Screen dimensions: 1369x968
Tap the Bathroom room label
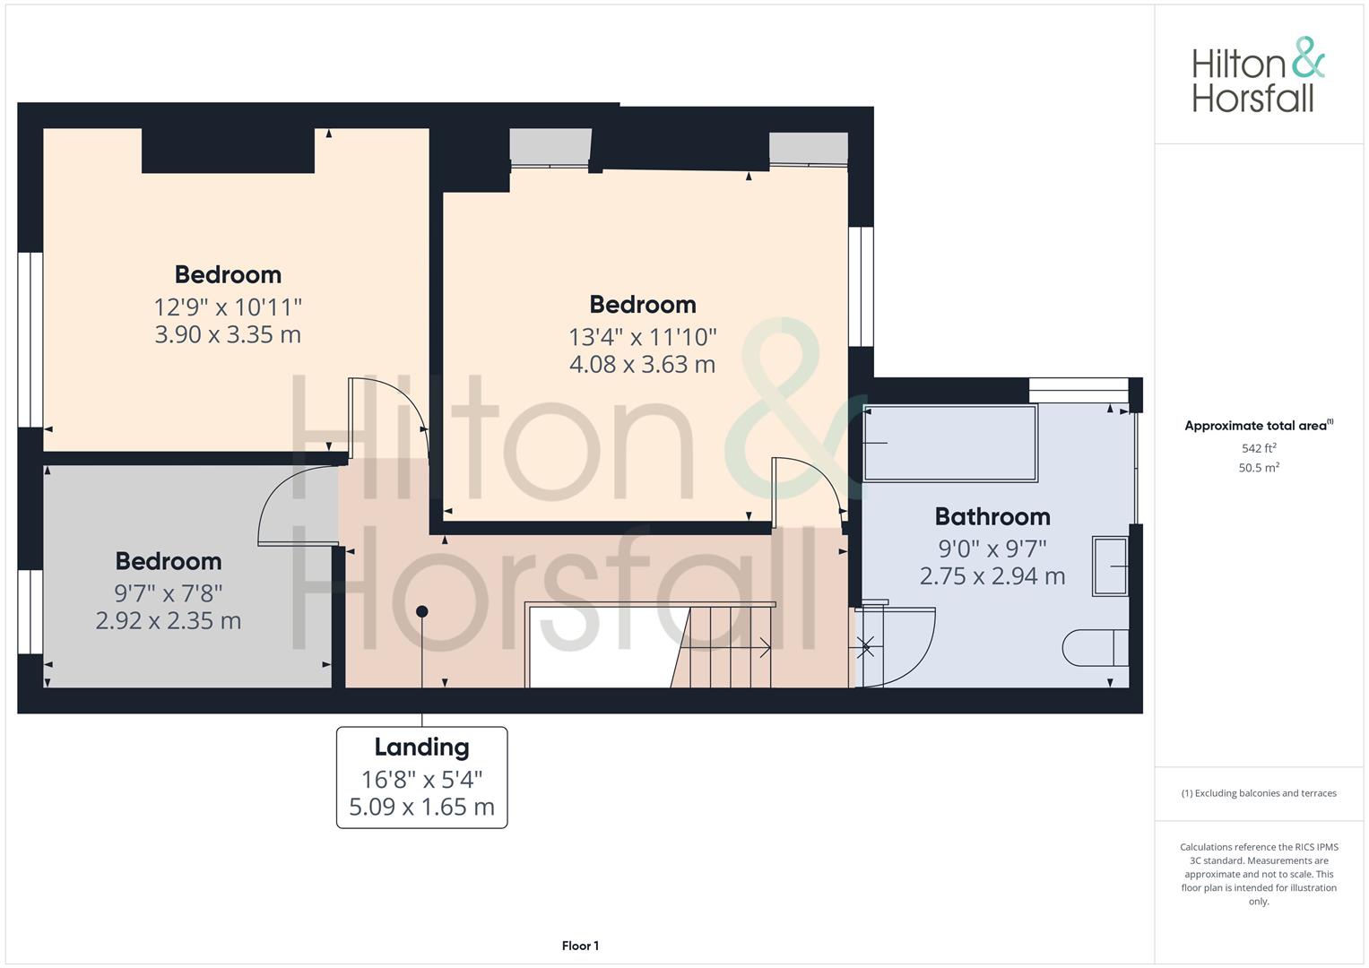pyautogui.click(x=992, y=517)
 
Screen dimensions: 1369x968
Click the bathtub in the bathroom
pyautogui.click(x=950, y=443)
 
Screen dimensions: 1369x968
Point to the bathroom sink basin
pyautogui.click(x=1110, y=566)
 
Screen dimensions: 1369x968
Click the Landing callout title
pyautogui.click(x=421, y=748)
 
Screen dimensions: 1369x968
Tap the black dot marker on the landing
pyautogui.click(x=421, y=611)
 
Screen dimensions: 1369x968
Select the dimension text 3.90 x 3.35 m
pyautogui.click(x=228, y=335)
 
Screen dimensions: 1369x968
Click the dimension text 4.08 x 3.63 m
pyautogui.click(x=642, y=365)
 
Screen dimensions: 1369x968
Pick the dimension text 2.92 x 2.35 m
pyautogui.click(x=169, y=621)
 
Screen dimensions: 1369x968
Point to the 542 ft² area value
pyautogui.click(x=1259, y=448)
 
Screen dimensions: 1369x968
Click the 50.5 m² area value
pyautogui.click(x=1259, y=468)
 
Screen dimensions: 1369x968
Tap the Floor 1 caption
pyautogui.click(x=580, y=946)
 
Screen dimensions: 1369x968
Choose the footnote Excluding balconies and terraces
pyautogui.click(x=1259, y=793)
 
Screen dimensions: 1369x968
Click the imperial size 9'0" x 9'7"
pyautogui.click(x=992, y=549)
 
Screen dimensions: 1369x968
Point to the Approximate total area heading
pyautogui.click(x=1259, y=426)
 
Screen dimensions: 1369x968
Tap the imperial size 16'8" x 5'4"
pyautogui.click(x=421, y=780)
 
